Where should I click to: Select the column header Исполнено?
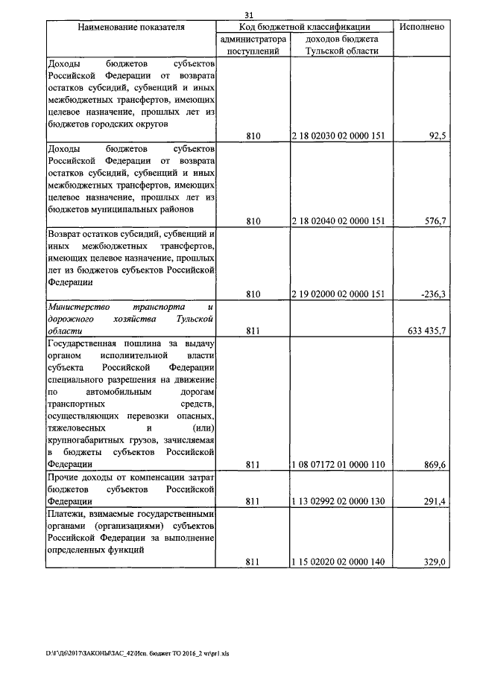(x=422, y=26)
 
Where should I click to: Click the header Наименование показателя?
(x=131, y=27)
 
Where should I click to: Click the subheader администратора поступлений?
(x=253, y=45)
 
